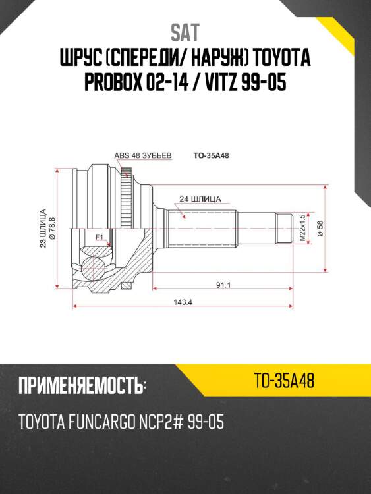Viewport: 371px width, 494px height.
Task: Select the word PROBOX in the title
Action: [117, 84]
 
